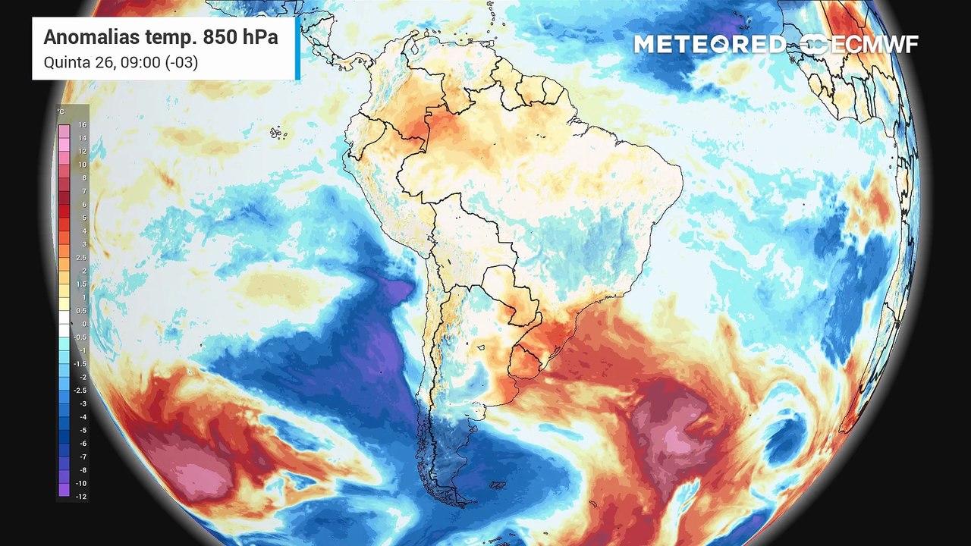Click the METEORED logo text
[x=709, y=44]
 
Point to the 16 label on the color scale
[x=82, y=125]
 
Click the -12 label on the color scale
[x=81, y=496]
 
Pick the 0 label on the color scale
[x=83, y=324]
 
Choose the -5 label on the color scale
[x=82, y=430]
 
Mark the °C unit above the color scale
[x=61, y=111]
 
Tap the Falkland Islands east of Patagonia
[x=498, y=484]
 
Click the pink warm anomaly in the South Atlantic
[x=668, y=428]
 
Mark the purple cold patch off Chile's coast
[x=394, y=290]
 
